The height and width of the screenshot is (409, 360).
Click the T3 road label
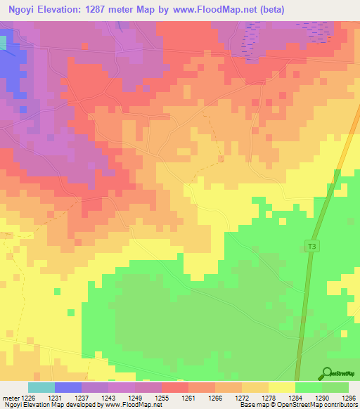[x=311, y=245]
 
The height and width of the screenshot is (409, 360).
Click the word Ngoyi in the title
[x=21, y=8]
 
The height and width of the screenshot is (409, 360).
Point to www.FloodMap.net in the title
[x=240, y=8]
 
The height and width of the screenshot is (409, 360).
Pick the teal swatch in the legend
[x=41, y=387]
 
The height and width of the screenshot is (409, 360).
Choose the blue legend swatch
[x=68, y=387]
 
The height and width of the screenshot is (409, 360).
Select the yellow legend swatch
[x=281, y=387]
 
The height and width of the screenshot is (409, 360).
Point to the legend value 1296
[x=349, y=397]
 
